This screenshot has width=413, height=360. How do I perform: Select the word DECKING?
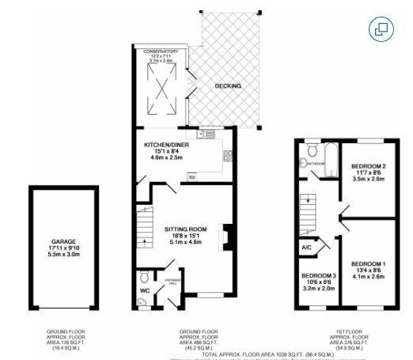[229, 86]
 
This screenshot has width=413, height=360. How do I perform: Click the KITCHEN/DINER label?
[167, 146]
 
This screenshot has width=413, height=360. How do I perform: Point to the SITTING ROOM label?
[186, 229]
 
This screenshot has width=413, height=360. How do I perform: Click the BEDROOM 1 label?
[369, 263]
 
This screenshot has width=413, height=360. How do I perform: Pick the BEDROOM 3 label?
[317, 276]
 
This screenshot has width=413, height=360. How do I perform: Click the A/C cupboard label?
[306, 247]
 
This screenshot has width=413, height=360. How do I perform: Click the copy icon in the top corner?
[381, 29]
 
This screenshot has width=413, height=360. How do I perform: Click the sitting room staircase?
[144, 225]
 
